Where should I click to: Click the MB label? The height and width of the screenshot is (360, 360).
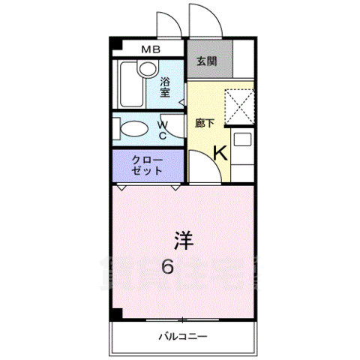(151, 50)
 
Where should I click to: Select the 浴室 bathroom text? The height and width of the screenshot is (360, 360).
(165, 88)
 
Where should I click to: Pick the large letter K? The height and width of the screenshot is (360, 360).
(220, 153)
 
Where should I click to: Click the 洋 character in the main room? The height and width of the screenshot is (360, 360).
(184, 240)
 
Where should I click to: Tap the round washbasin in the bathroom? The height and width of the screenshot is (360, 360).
(147, 70)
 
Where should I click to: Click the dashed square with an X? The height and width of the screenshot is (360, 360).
(240, 106)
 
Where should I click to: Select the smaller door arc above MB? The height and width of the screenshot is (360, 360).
(166, 24)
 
